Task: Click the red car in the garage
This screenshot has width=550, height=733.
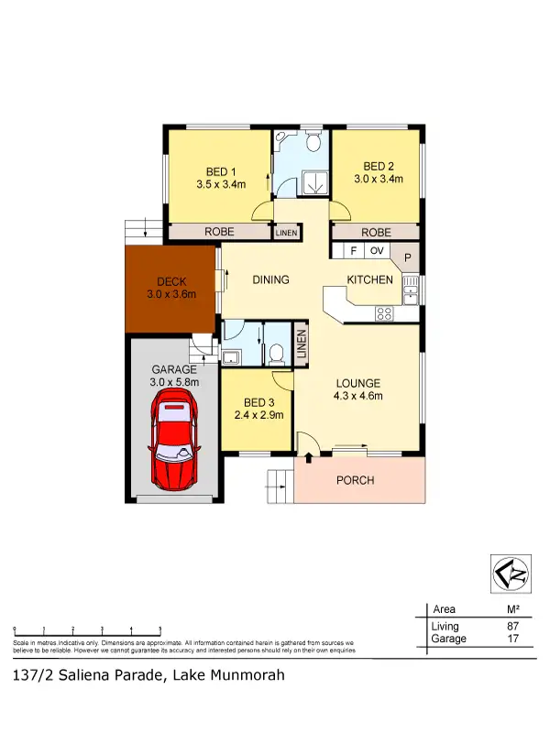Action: pos(175,438)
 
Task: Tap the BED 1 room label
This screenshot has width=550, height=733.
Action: pos(218,171)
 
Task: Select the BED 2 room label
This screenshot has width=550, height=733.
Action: pos(379,166)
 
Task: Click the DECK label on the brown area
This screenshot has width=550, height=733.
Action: pos(171,281)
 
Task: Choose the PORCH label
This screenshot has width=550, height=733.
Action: pos(356,480)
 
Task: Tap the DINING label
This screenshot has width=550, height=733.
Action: pos(271,280)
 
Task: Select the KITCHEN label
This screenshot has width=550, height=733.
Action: pos(369,280)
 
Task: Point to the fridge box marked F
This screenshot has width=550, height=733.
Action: pos(352,250)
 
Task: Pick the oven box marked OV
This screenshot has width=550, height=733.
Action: pos(376,250)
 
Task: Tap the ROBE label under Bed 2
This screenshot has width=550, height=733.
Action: pos(377,233)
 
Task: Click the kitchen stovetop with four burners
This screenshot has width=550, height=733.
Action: pos(385,313)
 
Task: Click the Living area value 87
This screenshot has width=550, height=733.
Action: pos(513,626)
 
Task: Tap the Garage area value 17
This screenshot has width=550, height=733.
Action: pos(513,639)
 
